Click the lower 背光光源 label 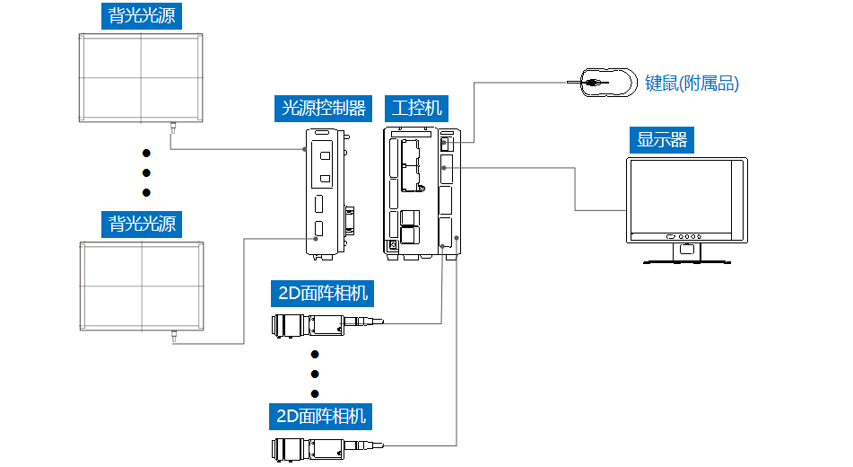click(x=142, y=224)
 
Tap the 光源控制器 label click(x=324, y=109)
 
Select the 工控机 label click(x=417, y=109)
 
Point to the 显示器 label click(x=662, y=140)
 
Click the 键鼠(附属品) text click(x=692, y=84)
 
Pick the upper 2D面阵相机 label click(x=322, y=293)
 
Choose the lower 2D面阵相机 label click(x=322, y=416)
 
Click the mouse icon click(x=606, y=83)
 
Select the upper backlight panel click(x=141, y=78)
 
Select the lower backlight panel click(x=141, y=285)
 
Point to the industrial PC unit click(x=422, y=193)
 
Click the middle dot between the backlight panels click(x=146, y=172)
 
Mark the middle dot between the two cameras click(x=315, y=374)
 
